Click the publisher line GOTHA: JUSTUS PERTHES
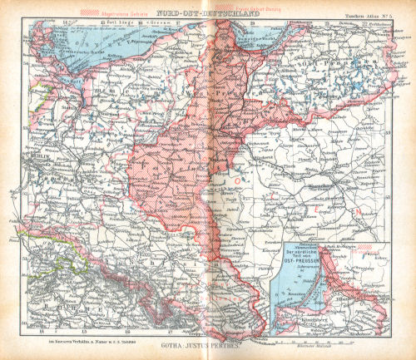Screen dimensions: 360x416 click(x=207, y=342)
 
